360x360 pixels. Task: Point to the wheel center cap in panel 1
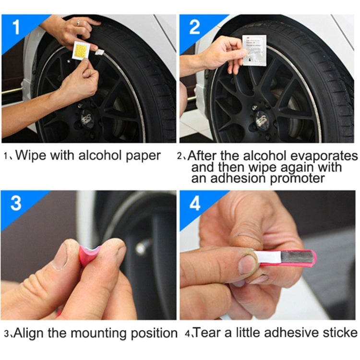pos(87,118)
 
